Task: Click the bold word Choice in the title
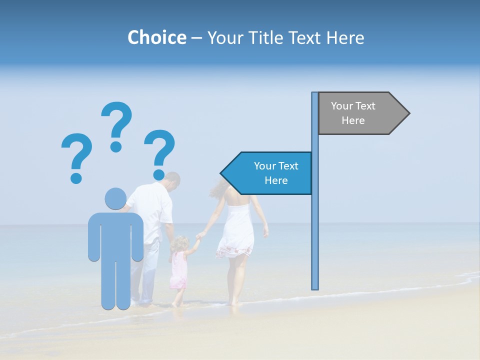point(156,37)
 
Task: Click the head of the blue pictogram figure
point(115,198)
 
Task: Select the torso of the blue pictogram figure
point(115,235)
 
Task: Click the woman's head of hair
point(220,187)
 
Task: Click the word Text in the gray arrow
point(365,106)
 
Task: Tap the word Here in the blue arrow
point(276,180)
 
